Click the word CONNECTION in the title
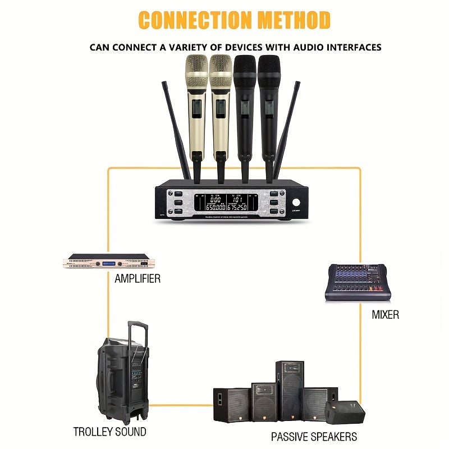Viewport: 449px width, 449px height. (195, 20)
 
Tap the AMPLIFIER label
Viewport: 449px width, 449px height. (138, 278)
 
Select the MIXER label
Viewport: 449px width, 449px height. (386, 314)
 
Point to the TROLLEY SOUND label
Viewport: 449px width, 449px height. (109, 432)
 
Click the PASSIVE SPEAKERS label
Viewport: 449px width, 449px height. (314, 436)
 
